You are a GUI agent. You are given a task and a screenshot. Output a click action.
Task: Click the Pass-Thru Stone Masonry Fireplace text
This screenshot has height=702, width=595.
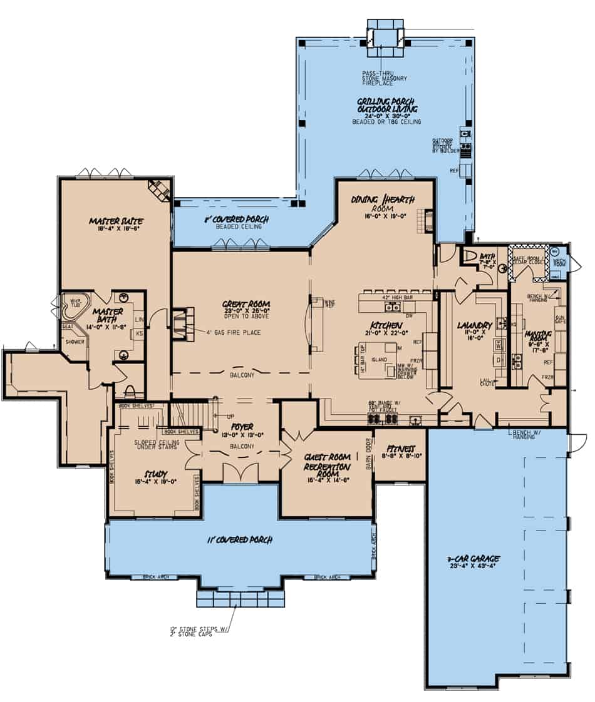tap(384, 78)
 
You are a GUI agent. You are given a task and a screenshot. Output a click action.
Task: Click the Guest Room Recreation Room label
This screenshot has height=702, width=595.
tap(325, 462)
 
